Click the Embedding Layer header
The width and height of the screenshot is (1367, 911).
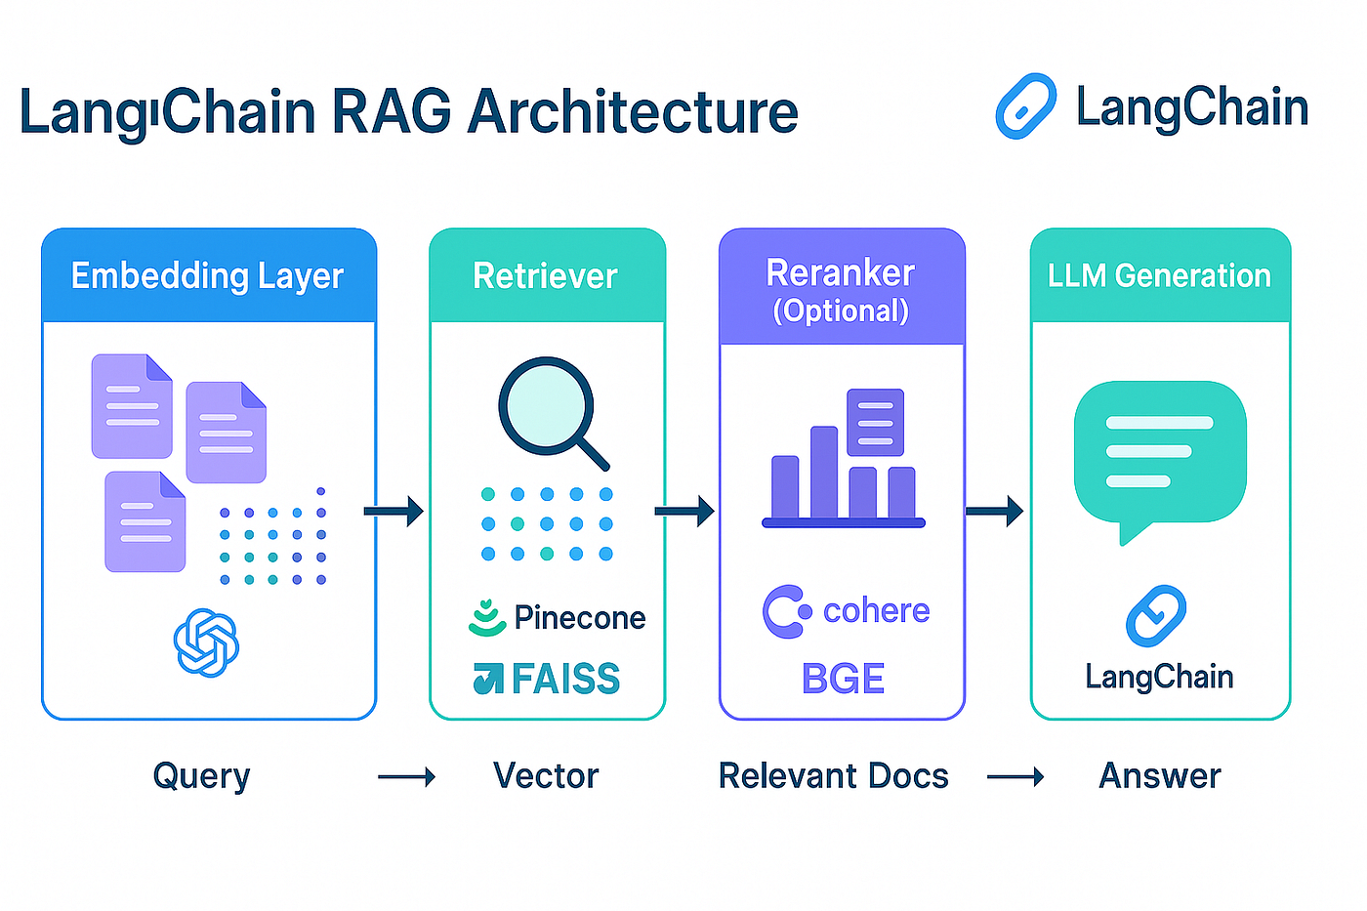[207, 276]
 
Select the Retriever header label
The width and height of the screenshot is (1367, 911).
[545, 276]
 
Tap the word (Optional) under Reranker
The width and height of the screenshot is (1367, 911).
[841, 311]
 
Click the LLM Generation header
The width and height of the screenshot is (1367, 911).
[1159, 276]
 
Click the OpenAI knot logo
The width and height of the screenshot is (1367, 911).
[206, 642]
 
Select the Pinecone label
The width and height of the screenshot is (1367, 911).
[579, 618]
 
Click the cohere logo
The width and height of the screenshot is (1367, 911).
[846, 611]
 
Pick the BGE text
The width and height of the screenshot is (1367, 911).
[843, 679]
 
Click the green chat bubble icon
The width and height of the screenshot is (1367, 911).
[1159, 454]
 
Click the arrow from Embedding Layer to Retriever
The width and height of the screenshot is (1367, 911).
[394, 511]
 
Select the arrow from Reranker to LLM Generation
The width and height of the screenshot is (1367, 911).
[994, 511]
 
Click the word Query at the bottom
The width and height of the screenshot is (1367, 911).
[201, 777]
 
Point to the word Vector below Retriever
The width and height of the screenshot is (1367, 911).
[545, 776]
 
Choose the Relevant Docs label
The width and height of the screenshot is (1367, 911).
[833, 776]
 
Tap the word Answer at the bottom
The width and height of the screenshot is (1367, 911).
[1159, 776]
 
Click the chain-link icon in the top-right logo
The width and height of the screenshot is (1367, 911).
[1025, 106]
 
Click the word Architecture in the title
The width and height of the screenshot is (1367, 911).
[632, 111]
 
